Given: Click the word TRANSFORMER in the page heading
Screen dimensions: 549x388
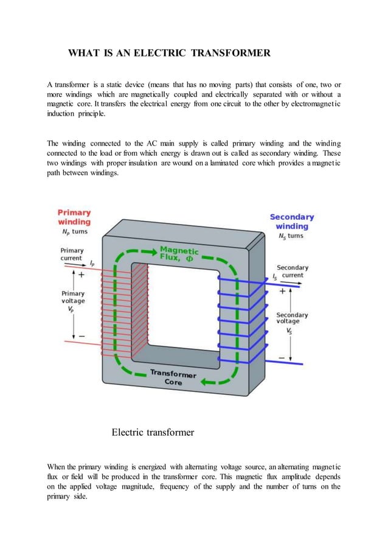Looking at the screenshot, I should [232, 54].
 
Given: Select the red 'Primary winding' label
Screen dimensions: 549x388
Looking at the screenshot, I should [74, 217].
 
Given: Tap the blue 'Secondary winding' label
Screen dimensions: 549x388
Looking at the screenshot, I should [291, 222].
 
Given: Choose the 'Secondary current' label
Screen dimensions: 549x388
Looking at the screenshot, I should [293, 271].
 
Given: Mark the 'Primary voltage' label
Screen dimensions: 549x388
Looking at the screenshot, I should [72, 298].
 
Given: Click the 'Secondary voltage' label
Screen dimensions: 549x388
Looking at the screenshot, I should [292, 318].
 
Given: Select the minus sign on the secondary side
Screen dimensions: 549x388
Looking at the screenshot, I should [282, 357].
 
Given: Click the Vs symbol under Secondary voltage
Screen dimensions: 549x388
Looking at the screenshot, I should [289, 331].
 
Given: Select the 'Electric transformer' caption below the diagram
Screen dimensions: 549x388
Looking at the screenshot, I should [153, 433].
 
